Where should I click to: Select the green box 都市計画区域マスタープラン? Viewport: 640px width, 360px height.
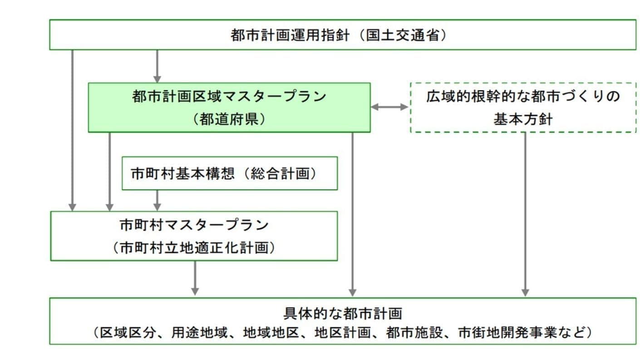[229, 107]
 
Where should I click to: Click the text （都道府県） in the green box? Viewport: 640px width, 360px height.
[229, 119]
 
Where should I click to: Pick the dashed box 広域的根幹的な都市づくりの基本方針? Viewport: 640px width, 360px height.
[523, 108]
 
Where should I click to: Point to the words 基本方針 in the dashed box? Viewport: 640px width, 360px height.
[523, 119]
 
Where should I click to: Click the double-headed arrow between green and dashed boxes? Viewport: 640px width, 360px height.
[390, 107]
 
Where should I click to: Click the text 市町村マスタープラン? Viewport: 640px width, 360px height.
[194, 225]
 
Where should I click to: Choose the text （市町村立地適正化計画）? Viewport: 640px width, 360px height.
[194, 248]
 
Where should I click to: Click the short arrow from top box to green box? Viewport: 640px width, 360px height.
[157, 66]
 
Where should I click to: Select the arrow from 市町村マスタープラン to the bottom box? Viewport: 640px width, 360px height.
[195, 278]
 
